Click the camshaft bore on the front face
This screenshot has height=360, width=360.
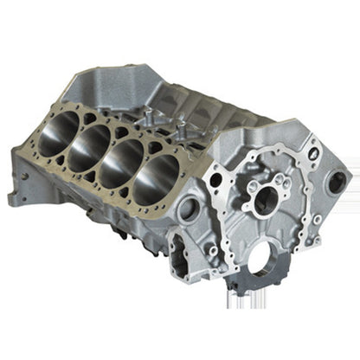coord(264,201)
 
